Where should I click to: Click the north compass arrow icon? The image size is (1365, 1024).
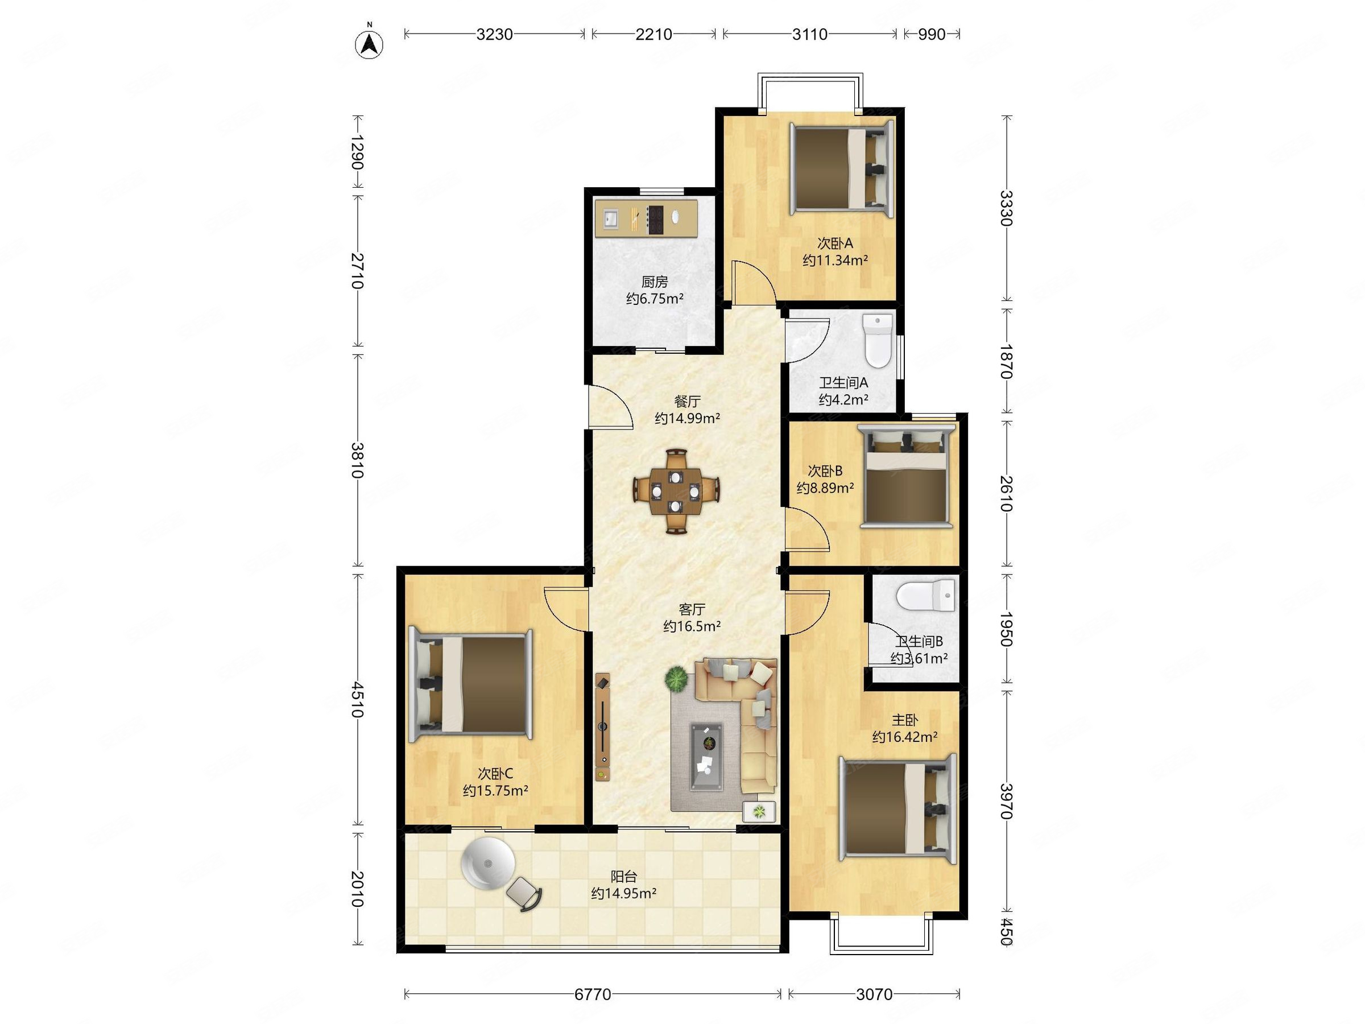pos(369,43)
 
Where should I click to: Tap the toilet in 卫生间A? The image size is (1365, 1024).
pos(878,340)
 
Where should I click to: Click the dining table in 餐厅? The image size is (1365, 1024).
pos(676,492)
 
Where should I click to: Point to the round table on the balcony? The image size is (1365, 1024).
pos(487,864)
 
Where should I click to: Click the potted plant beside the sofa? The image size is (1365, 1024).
pos(677,679)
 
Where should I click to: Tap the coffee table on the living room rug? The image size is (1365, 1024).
pos(706,757)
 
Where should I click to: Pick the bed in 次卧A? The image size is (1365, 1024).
pos(842,168)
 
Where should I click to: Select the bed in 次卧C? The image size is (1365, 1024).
pos(471,683)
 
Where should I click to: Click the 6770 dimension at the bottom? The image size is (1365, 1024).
pos(593,994)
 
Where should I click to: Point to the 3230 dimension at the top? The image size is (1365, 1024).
pos(494,35)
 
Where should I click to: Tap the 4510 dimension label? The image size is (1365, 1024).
pos(357,699)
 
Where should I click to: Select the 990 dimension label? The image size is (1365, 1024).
pos(931,35)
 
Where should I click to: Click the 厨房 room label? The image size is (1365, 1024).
pos(654,282)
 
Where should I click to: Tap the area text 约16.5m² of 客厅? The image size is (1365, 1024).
pos(692,626)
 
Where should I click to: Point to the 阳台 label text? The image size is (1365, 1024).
pos(623,877)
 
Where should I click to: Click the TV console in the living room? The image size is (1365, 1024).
pos(603,728)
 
